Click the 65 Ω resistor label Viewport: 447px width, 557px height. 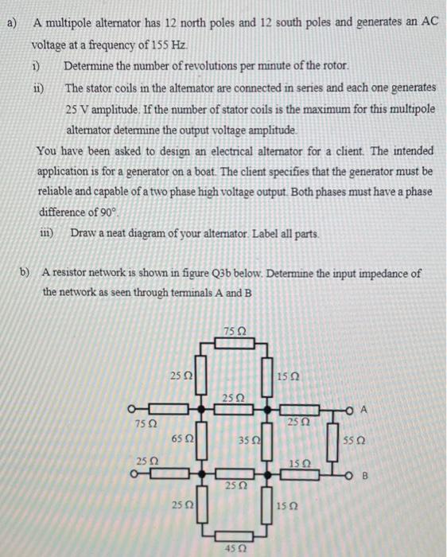179,439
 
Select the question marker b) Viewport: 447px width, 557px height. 25,272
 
